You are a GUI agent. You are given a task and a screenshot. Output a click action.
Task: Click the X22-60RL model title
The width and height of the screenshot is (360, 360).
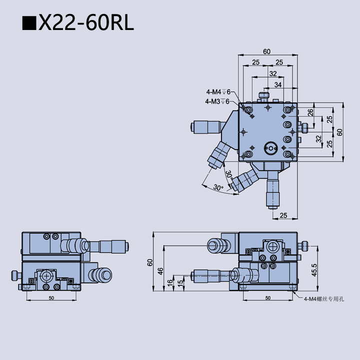click(x=86, y=23)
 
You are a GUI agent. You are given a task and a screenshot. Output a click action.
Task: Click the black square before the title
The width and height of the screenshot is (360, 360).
click(x=29, y=23)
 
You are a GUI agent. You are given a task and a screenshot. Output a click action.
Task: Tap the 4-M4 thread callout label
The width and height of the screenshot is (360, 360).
click(x=218, y=92)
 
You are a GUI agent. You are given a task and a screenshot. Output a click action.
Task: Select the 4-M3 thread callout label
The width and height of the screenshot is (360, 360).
click(x=217, y=101)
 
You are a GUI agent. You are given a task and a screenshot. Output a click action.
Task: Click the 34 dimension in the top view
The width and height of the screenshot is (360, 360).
click(x=278, y=84)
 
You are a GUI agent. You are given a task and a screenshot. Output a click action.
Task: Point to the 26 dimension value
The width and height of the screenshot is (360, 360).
click(x=310, y=112)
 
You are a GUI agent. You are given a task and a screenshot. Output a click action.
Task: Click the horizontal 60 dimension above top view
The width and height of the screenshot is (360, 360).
click(x=266, y=51)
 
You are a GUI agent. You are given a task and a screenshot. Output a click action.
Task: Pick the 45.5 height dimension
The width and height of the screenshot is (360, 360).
click(x=314, y=270)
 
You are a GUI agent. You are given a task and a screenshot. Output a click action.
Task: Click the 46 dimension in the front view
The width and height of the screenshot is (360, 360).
click(x=160, y=271)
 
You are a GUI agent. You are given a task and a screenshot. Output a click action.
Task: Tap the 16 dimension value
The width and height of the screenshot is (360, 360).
click(x=170, y=282)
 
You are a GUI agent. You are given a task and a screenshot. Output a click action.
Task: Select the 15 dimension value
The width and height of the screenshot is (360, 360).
click(x=181, y=282)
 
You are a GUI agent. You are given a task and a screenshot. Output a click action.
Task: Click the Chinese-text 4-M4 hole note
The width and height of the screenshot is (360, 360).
click(x=324, y=298)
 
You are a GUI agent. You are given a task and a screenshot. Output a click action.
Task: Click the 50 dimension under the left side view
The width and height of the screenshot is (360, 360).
click(x=51, y=298)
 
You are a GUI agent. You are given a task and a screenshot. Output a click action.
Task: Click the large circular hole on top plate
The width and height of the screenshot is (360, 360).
click(x=271, y=148)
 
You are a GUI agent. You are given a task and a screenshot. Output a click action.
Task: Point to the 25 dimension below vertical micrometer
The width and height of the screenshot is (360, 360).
click(x=283, y=215)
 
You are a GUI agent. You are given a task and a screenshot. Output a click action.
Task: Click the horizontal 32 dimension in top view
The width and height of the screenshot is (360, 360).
click(x=273, y=73)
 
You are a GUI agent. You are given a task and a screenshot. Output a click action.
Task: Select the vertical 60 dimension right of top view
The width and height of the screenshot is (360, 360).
click(x=339, y=132)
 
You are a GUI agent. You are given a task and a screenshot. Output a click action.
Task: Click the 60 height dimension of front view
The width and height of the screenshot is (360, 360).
click(x=150, y=262)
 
